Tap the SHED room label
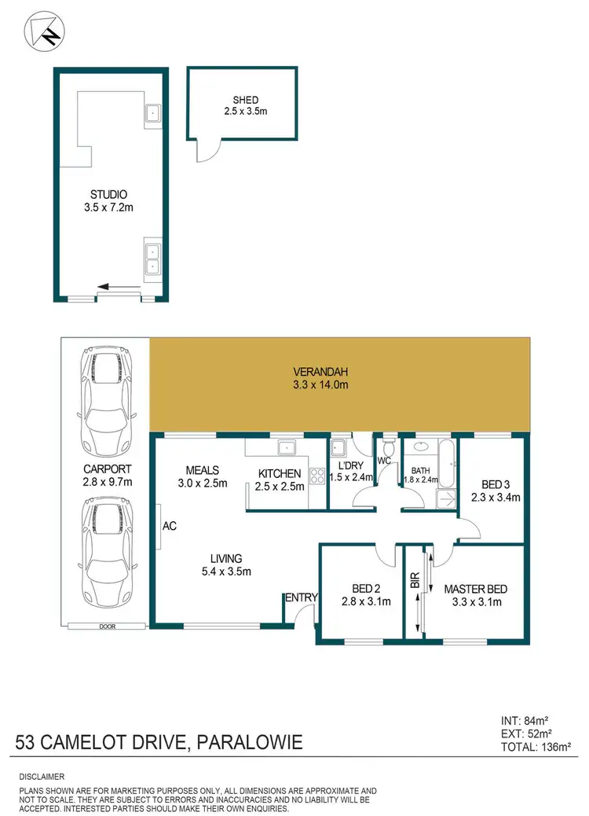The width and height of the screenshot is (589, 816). (245, 101)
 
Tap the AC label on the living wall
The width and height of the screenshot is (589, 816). (169, 526)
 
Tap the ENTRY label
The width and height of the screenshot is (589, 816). (301, 598)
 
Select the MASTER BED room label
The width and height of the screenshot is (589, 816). (476, 589)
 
